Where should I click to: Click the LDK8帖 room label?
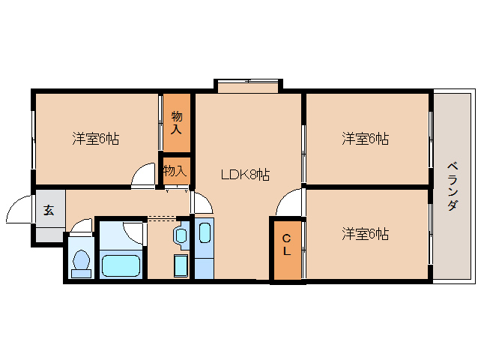pyautogui.click(x=245, y=175)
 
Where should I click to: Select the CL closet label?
pyautogui.click(x=286, y=245)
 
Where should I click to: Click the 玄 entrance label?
pyautogui.click(x=48, y=211)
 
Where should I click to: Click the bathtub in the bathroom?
pyautogui.click(x=121, y=265)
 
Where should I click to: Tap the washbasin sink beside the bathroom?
pyautogui.click(x=183, y=235)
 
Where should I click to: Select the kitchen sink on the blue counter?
pyautogui.click(x=205, y=232)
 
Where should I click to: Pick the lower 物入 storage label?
pyautogui.click(x=175, y=170)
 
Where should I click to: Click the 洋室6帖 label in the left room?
pyautogui.click(x=95, y=138)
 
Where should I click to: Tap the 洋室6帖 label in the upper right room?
pyautogui.click(x=365, y=138)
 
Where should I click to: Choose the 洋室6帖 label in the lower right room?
pyautogui.click(x=365, y=233)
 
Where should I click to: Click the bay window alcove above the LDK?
pyautogui.click(x=248, y=85)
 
